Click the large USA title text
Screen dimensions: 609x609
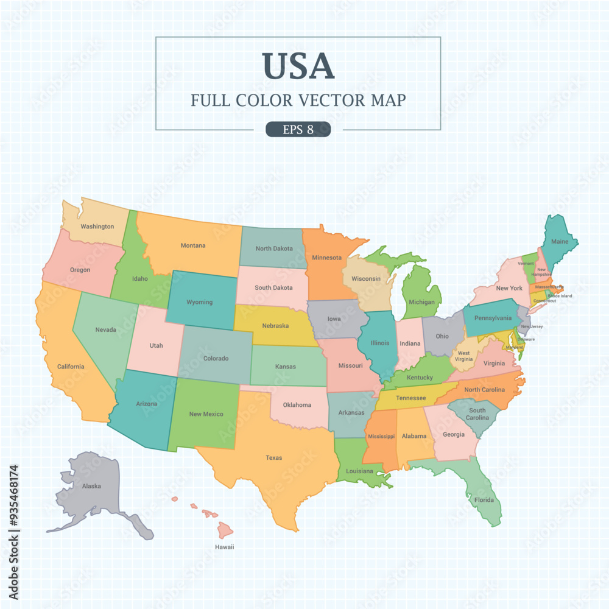298,66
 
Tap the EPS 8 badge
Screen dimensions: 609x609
298,129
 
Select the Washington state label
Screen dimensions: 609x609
97,227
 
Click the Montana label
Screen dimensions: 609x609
193,245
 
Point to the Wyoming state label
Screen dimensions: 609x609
199,302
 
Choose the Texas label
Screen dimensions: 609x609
274,457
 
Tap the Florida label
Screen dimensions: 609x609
485,500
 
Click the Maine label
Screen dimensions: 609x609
560,242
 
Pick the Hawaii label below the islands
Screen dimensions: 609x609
224,547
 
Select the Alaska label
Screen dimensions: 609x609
91,486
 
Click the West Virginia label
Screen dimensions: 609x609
464,356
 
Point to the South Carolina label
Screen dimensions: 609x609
477,414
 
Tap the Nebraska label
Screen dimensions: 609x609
275,326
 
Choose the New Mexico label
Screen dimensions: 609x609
206,414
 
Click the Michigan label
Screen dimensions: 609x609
422,302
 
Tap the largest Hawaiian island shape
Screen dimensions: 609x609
225,530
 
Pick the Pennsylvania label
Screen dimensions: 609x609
493,318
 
